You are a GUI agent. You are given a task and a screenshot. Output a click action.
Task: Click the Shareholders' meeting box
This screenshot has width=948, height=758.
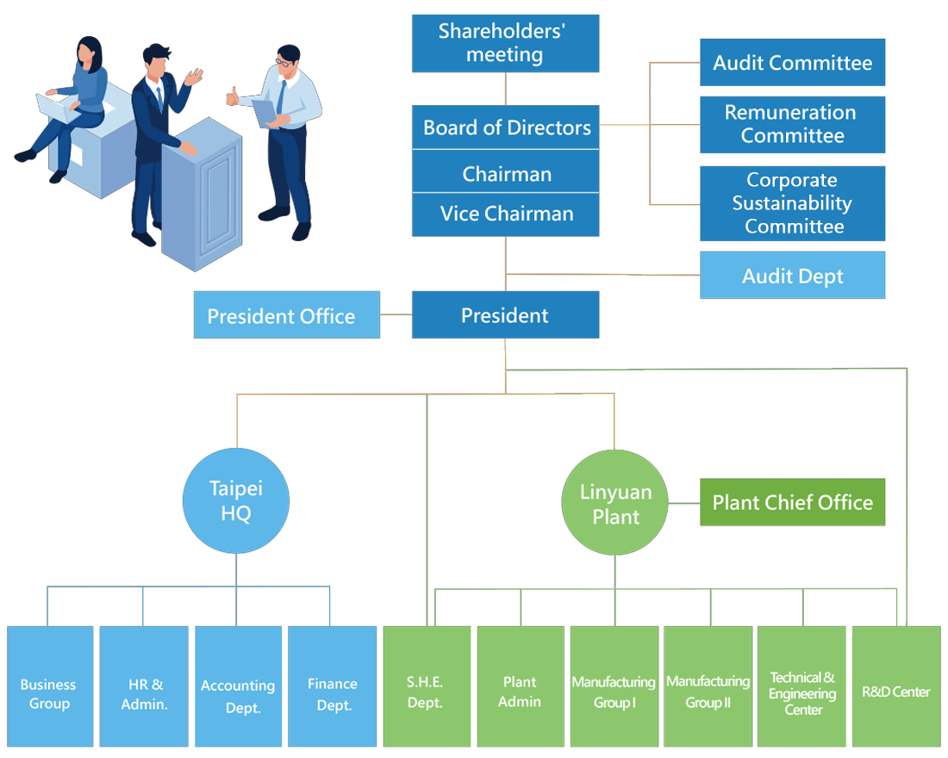click(505, 44)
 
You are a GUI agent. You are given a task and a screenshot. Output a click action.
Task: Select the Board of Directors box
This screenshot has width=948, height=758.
click(505, 127)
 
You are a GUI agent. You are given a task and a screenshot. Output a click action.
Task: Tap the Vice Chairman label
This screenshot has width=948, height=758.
click(505, 214)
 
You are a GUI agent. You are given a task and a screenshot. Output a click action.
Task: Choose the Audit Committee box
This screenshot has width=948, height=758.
click(792, 62)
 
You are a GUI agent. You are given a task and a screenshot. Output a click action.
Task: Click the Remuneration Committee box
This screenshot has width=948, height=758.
click(792, 124)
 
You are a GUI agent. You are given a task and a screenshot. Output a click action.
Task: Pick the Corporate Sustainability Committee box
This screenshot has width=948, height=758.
click(792, 203)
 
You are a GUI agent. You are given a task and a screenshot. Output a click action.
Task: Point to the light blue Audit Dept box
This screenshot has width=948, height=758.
click(792, 276)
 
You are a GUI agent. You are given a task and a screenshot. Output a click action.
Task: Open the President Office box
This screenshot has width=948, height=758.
click(286, 315)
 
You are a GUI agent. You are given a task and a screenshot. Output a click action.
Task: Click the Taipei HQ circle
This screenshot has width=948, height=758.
click(236, 500)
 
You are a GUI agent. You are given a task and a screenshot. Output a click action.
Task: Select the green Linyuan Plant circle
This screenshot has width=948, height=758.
click(614, 503)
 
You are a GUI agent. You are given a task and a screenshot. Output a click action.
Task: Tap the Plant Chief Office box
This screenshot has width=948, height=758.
click(792, 502)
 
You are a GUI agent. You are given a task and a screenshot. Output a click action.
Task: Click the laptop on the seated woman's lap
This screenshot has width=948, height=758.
click(58, 107)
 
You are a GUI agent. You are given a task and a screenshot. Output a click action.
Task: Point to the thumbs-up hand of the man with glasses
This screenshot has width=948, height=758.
click(232, 96)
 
